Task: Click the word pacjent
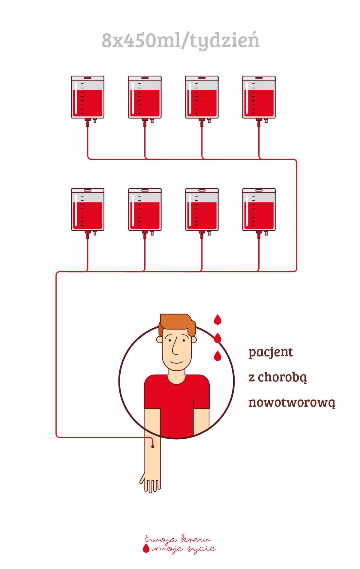271,352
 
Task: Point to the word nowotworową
292,403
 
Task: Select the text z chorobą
278,378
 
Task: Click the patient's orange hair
177,323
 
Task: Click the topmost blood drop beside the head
217,320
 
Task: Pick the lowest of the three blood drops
217,356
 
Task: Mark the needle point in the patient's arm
153,447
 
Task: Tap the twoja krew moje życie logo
179,544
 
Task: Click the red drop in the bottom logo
146,549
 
